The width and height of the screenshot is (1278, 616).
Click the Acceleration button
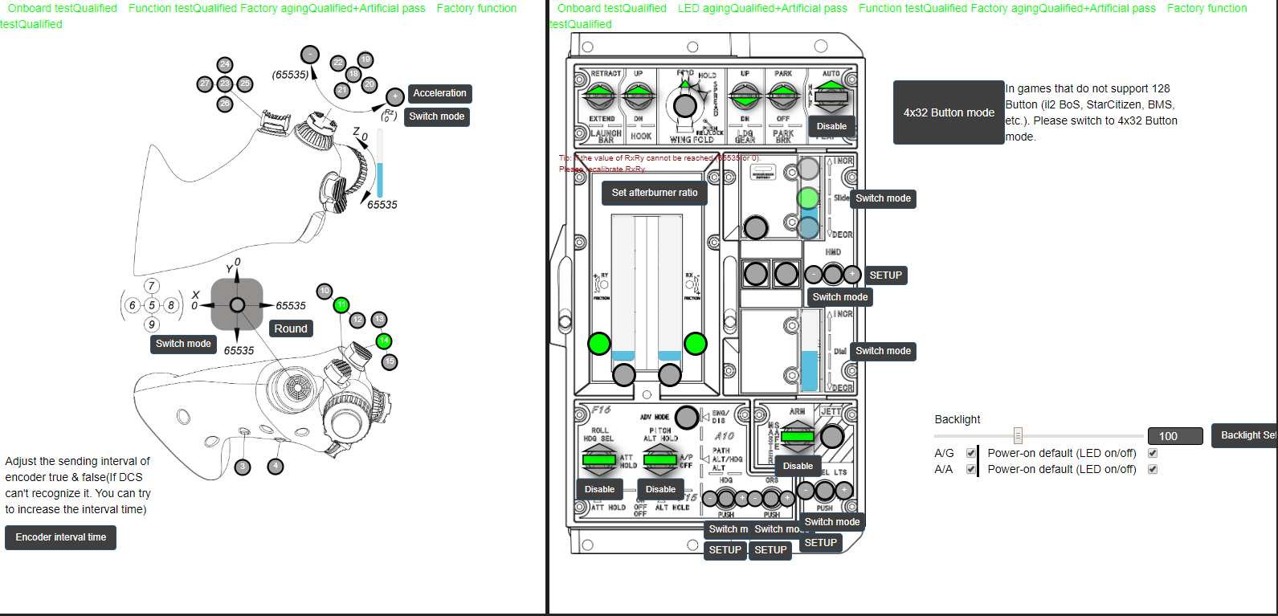(439, 93)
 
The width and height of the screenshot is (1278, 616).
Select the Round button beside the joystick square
(290, 328)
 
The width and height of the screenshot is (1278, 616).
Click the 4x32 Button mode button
(949, 112)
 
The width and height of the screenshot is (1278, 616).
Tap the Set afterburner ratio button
(655, 193)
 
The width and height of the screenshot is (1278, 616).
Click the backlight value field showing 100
(1174, 436)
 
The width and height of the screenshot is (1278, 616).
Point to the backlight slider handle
(1018, 435)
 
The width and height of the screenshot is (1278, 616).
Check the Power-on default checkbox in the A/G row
(1153, 453)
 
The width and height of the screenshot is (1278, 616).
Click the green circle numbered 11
(341, 304)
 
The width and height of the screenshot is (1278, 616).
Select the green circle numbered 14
(384, 341)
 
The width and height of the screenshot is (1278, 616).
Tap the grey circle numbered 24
(225, 64)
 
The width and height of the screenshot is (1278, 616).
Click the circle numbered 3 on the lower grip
(243, 466)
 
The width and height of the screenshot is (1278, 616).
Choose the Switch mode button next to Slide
(883, 198)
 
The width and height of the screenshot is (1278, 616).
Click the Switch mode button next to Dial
(883, 351)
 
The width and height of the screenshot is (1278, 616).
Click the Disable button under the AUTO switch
(831, 126)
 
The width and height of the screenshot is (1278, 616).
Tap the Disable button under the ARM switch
(798, 466)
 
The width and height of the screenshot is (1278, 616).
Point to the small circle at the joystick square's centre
(237, 304)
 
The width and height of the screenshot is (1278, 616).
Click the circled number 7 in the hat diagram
(151, 286)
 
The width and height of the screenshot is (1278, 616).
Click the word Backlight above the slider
(957, 419)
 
